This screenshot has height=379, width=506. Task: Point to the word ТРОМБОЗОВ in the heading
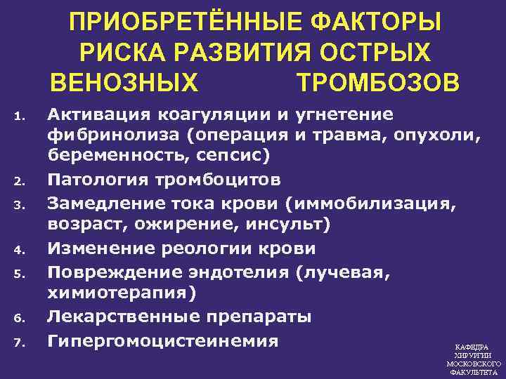(x=379, y=82)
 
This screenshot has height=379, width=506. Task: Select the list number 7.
(x=20, y=343)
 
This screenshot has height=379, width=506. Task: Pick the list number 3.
(x=20, y=205)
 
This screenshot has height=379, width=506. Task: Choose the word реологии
(x=209, y=248)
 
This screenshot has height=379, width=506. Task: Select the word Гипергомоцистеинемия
(x=162, y=341)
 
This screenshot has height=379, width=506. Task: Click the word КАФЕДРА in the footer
(x=472, y=348)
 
